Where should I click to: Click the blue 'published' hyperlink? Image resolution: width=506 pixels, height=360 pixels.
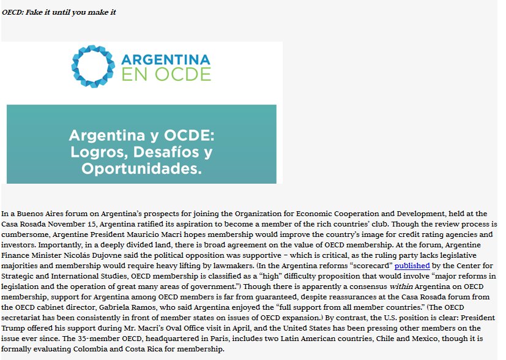click(412, 266)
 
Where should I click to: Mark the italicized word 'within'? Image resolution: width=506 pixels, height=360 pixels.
click(356, 287)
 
